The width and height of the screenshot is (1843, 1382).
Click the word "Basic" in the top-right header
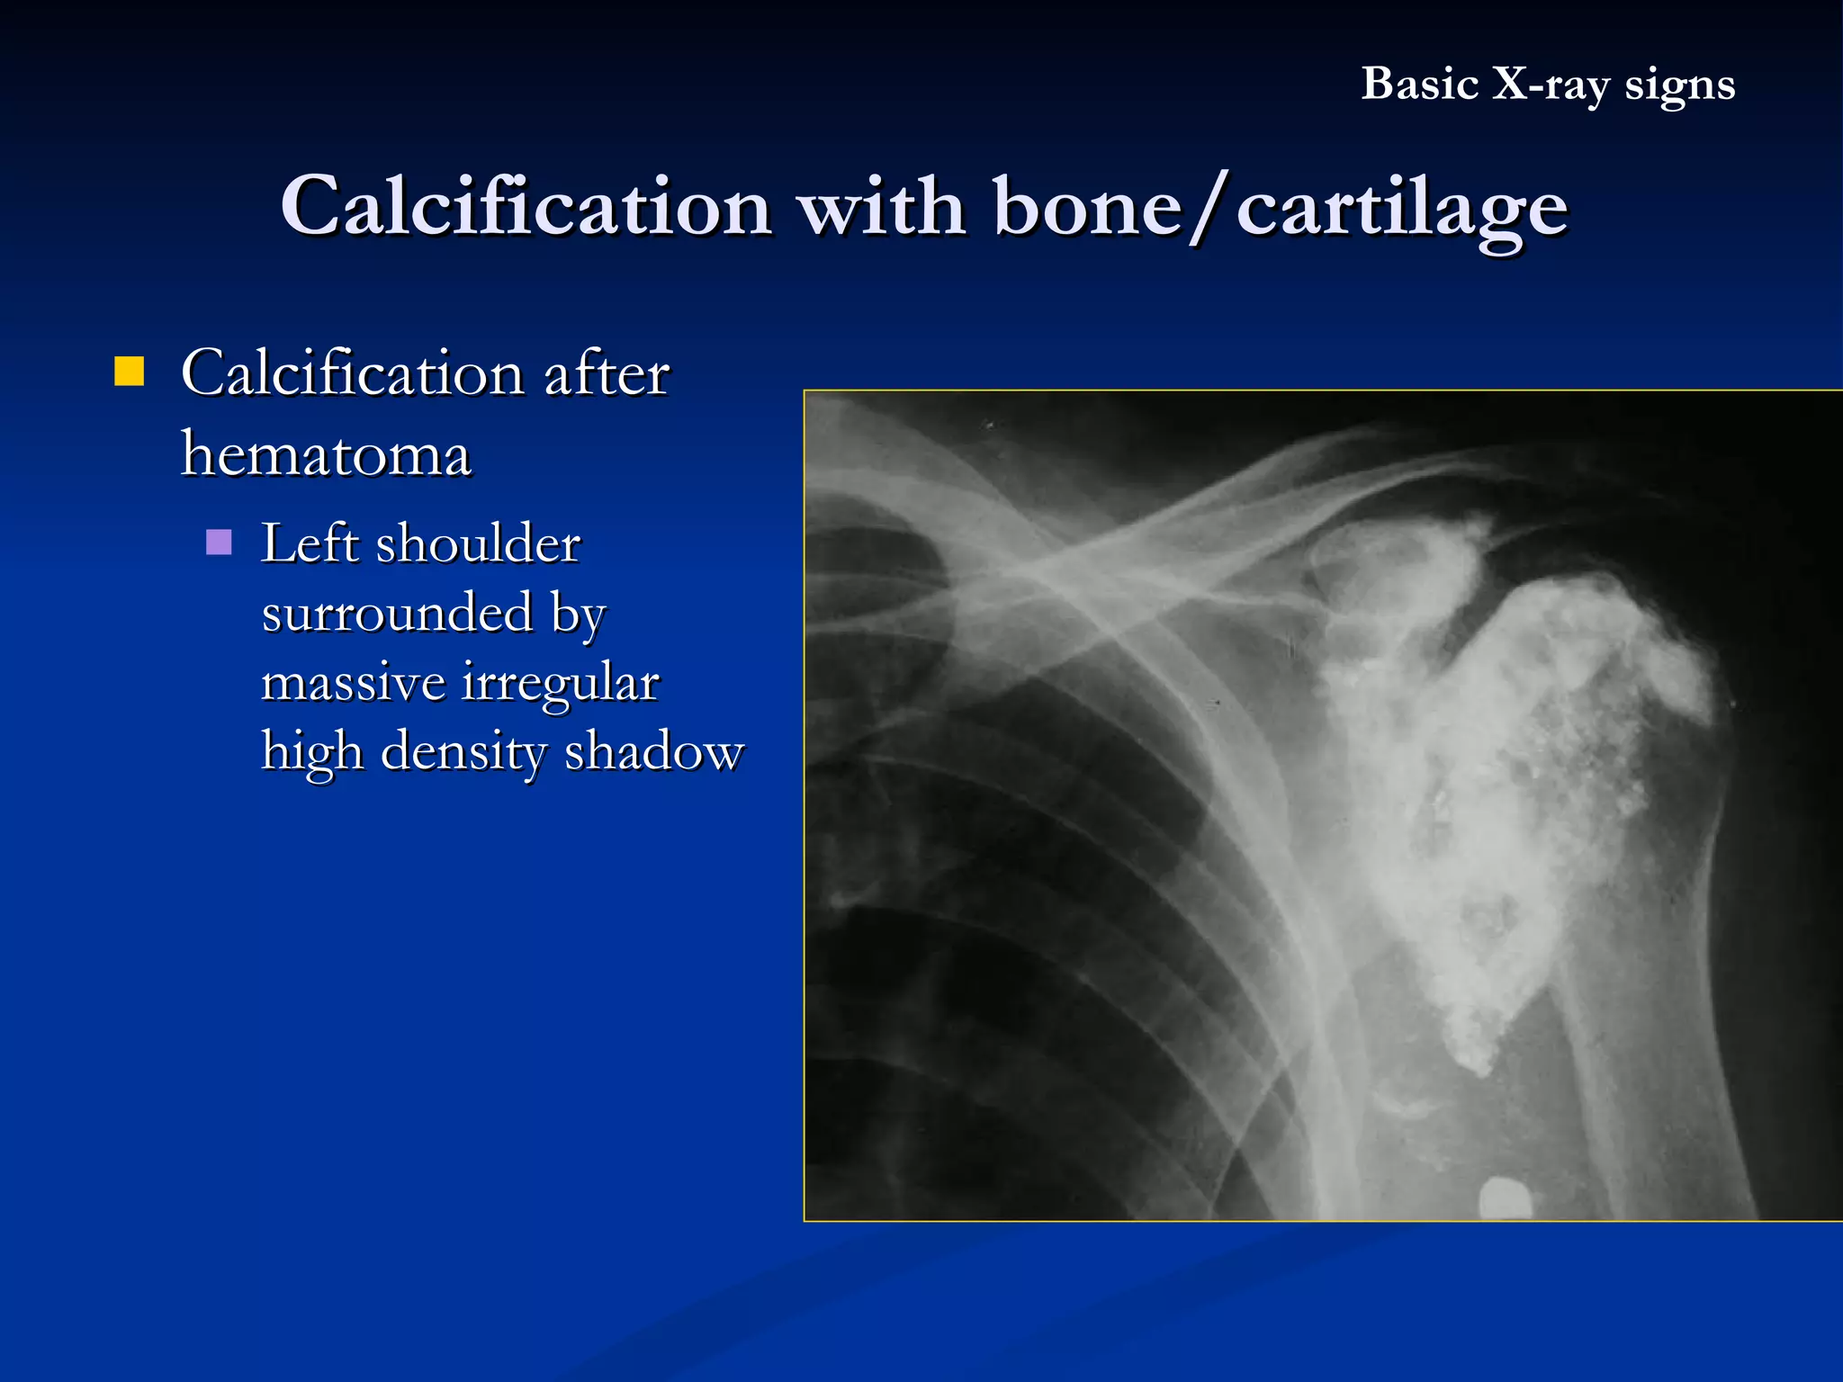click(x=1419, y=85)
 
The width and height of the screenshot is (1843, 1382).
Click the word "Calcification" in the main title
click(x=526, y=207)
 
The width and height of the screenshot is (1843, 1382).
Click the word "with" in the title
click(x=882, y=207)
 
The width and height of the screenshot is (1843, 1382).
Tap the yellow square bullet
click(x=130, y=371)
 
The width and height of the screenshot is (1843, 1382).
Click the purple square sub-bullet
click(x=219, y=542)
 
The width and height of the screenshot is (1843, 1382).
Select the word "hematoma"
click(x=326, y=453)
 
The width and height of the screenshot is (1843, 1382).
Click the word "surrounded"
click(x=397, y=613)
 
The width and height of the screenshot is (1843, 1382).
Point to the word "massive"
click(x=353, y=682)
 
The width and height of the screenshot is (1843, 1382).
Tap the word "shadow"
click(x=654, y=751)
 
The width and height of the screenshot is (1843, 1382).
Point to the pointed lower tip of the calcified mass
click(x=1477, y=1067)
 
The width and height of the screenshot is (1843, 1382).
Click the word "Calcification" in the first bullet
click(x=352, y=372)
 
